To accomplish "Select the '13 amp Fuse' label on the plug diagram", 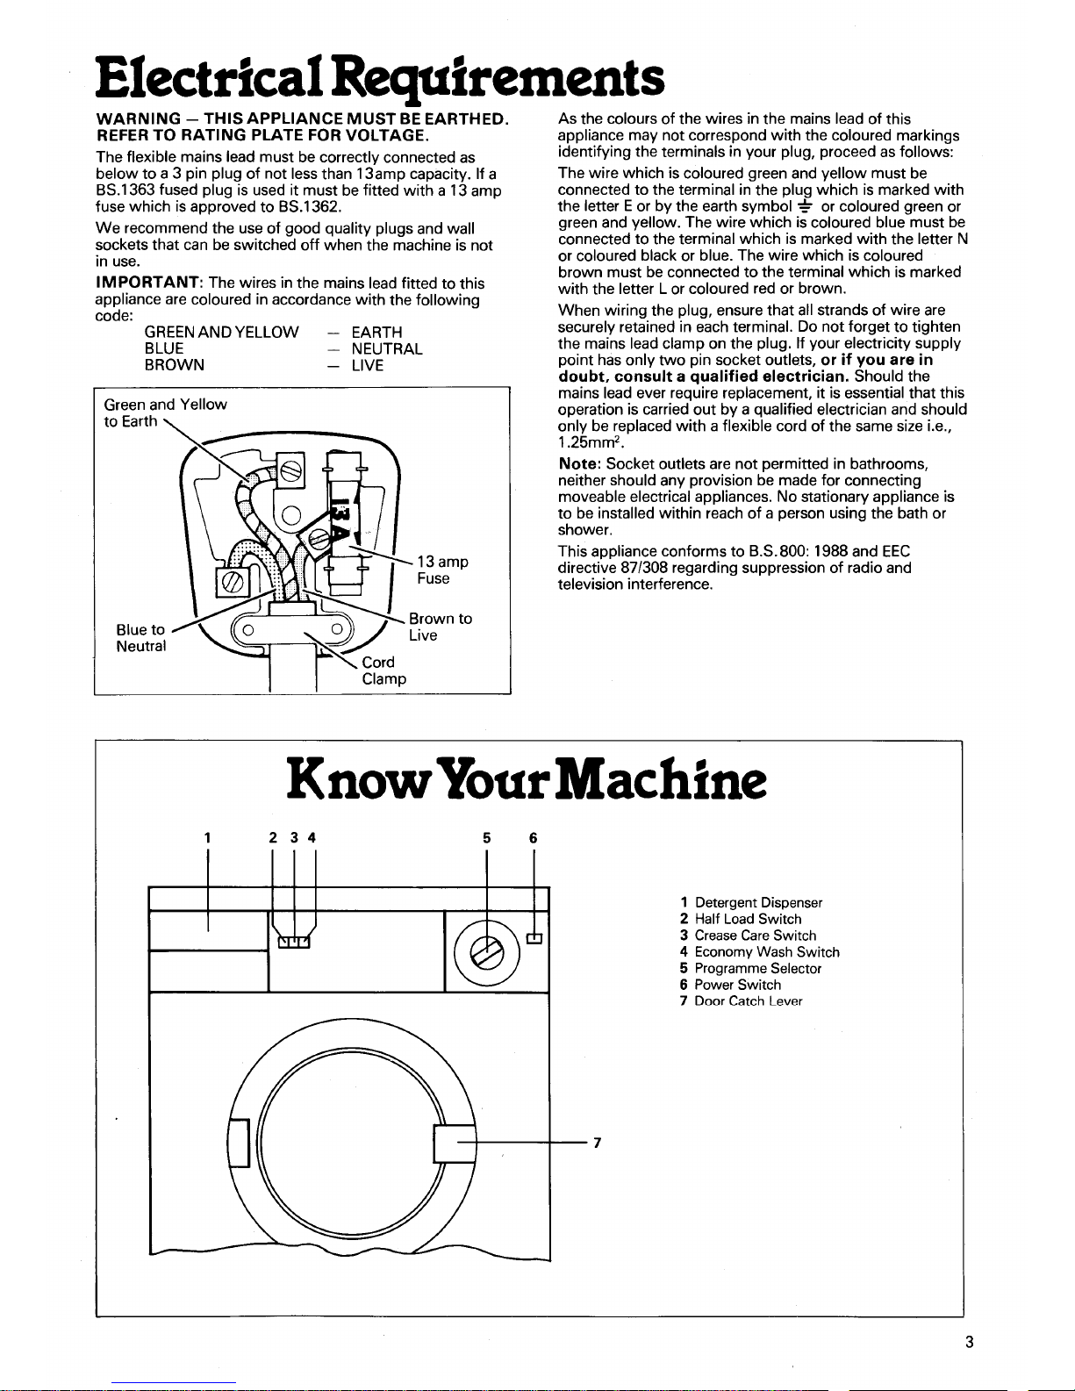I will (442, 570).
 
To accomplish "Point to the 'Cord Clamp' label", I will (383, 670).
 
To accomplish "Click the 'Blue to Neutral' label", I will (141, 638).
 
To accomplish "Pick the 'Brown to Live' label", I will (440, 627).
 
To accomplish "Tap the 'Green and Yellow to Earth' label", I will (164, 412).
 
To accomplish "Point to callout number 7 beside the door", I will (597, 1143).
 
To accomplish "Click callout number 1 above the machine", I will (207, 837).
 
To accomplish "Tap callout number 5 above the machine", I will (486, 837).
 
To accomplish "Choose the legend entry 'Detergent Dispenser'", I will (758, 902).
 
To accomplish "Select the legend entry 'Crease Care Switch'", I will (755, 936).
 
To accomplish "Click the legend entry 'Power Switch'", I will (737, 985).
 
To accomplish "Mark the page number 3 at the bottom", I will (969, 1342).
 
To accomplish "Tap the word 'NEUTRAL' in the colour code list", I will (387, 349).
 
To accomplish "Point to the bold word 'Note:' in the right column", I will (579, 463).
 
